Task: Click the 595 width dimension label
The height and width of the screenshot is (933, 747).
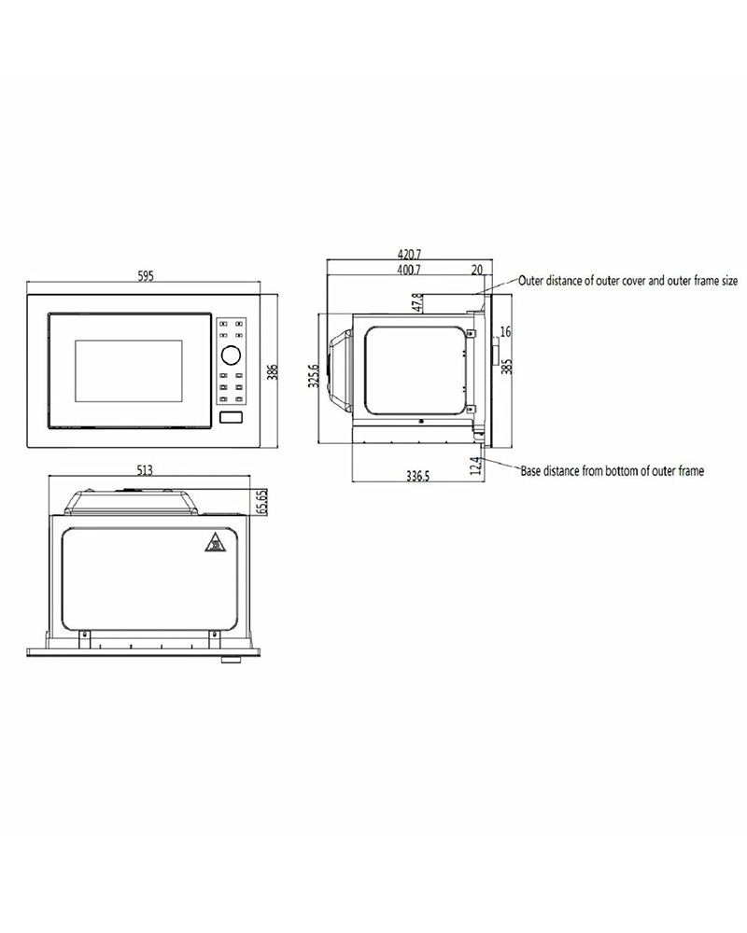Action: click(x=146, y=276)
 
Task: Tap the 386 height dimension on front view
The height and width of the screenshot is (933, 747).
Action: click(x=273, y=371)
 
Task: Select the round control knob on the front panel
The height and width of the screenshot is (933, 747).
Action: click(x=231, y=355)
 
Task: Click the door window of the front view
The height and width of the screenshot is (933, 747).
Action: click(x=129, y=370)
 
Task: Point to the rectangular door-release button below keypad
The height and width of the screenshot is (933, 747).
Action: click(x=232, y=418)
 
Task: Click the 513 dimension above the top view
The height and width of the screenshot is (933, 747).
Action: click(x=145, y=470)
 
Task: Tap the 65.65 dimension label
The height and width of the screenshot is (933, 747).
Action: click(x=262, y=502)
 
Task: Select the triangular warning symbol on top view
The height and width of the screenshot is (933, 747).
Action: click(x=214, y=543)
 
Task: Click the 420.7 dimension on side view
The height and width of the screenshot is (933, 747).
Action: click(x=409, y=255)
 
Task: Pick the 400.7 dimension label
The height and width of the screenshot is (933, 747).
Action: click(x=409, y=270)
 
